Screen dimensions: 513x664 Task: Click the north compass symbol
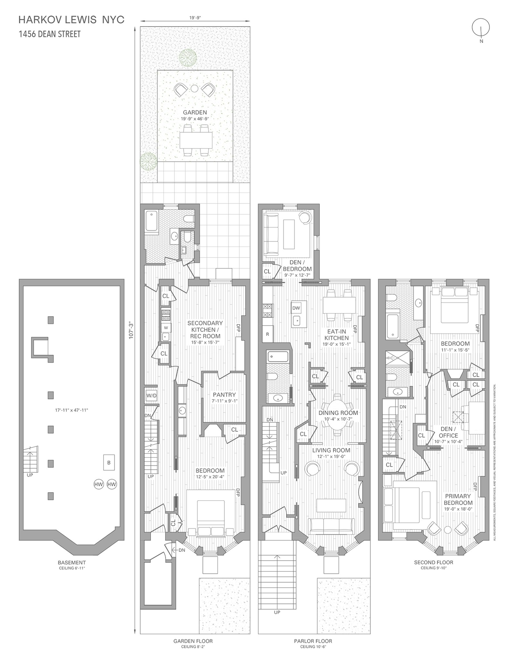point(481,28)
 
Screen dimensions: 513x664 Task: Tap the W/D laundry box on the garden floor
point(151,396)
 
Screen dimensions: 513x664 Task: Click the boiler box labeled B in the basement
point(109,463)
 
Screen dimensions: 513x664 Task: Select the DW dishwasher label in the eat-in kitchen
point(296,308)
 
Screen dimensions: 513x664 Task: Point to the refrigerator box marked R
point(268,334)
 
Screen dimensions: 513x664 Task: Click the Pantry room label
point(224,395)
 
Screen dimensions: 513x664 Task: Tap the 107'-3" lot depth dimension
point(131,330)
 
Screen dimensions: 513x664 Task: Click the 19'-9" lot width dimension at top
point(195,18)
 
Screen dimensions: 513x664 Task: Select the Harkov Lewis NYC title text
point(71,20)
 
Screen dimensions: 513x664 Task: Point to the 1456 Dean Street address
point(50,34)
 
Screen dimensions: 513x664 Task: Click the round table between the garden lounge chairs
point(195,88)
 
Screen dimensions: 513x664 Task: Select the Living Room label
point(331,450)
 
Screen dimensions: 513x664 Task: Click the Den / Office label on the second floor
point(448,432)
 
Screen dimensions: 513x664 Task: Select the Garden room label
point(195,112)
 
